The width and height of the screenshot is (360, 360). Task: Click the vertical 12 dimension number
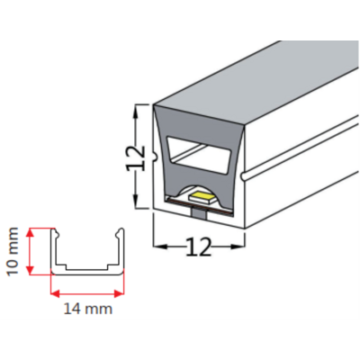click(x=136, y=158)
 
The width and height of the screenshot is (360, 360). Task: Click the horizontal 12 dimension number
click(x=199, y=247)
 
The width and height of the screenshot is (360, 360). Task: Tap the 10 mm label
click(x=13, y=251)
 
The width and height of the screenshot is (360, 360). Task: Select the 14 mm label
click(x=88, y=309)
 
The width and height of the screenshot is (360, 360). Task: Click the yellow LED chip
click(x=202, y=197)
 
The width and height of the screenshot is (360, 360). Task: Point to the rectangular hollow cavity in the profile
click(x=199, y=155)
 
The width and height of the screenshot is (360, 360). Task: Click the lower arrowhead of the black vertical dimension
click(x=136, y=201)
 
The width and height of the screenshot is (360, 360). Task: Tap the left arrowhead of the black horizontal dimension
click(x=160, y=247)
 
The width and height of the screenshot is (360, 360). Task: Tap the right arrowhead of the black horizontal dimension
click(x=238, y=247)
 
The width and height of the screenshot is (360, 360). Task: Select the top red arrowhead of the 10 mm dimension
click(x=30, y=232)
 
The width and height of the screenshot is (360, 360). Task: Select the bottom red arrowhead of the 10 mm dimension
click(x=30, y=270)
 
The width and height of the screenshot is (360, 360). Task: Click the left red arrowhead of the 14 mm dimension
click(x=56, y=293)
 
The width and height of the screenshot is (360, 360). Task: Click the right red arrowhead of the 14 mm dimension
click(x=120, y=293)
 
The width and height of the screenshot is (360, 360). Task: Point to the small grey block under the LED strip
click(x=198, y=214)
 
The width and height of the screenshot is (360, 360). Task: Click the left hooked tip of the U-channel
click(x=54, y=230)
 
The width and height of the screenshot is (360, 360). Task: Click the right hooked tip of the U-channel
click(x=121, y=230)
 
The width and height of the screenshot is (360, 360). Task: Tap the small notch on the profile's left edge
click(x=156, y=157)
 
